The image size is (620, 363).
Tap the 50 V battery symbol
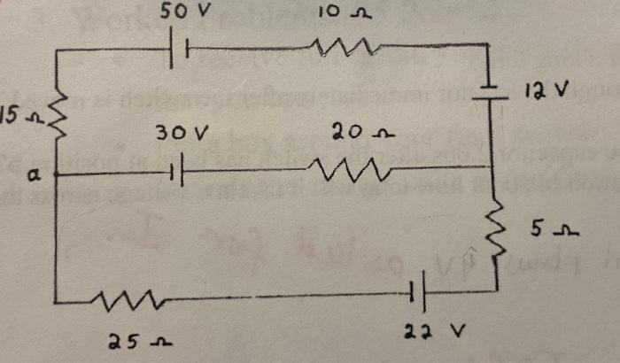[178, 50]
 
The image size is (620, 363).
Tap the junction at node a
[55, 174]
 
